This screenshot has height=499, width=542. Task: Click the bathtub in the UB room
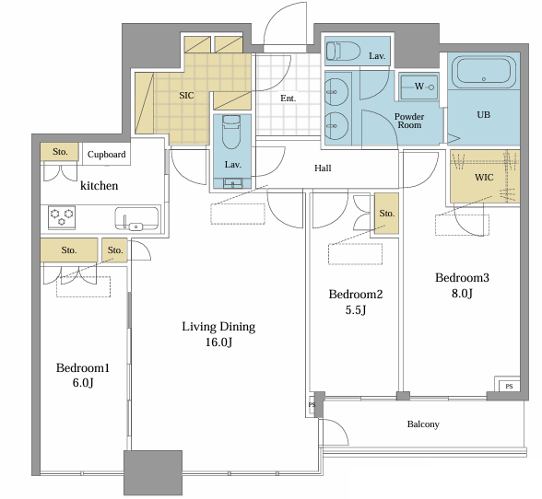click(x=484, y=74)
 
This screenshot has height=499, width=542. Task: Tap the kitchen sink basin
click(x=136, y=218)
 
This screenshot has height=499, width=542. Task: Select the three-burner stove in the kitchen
click(x=62, y=217)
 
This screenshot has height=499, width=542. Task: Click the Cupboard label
click(x=107, y=154)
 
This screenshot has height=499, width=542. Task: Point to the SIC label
click(x=186, y=96)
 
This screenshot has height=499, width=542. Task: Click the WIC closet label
click(x=484, y=178)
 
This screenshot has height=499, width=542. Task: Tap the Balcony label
click(x=423, y=424)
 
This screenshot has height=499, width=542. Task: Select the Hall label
click(x=323, y=168)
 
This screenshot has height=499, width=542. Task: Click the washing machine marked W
click(x=418, y=87)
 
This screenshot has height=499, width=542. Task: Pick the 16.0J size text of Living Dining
click(x=218, y=342)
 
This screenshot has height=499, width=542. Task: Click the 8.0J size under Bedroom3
click(x=462, y=293)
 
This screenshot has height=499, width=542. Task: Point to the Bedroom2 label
click(x=356, y=295)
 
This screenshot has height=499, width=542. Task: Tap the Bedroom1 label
click(x=83, y=367)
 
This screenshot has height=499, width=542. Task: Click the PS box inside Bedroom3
click(x=509, y=386)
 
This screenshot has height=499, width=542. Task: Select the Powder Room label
click(x=409, y=121)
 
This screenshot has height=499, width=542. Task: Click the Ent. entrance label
click(x=289, y=99)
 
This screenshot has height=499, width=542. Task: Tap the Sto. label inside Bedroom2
click(x=387, y=214)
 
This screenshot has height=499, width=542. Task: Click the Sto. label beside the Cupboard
click(x=60, y=152)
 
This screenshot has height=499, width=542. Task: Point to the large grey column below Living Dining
click(x=153, y=472)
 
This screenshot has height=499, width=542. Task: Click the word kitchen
click(x=100, y=185)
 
